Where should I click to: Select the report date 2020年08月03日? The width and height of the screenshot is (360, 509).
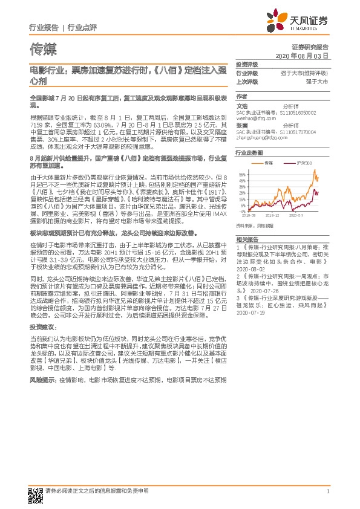[x=301, y=56]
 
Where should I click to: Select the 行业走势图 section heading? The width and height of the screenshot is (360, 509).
[x=249, y=154]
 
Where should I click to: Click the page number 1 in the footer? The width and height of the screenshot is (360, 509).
[x=327, y=492]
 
